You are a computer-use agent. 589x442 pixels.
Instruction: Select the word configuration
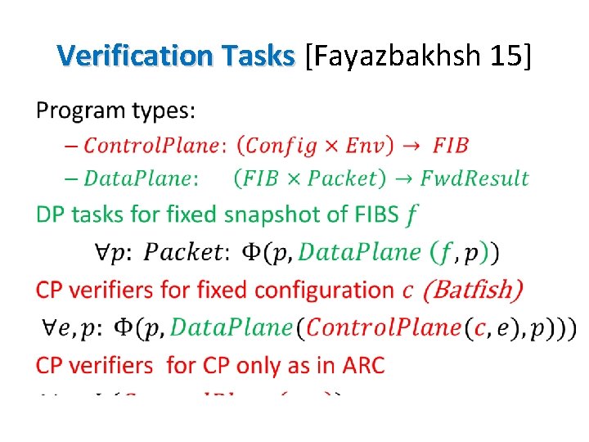pyautogui.click(x=324, y=290)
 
